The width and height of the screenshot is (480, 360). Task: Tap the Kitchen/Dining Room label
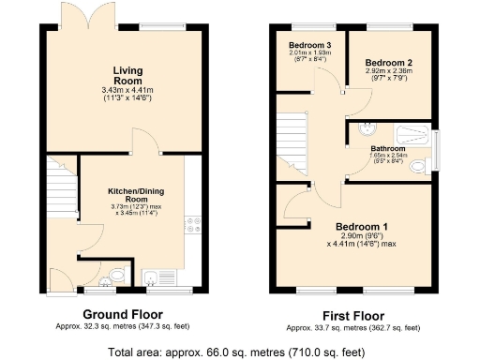(x=137, y=195)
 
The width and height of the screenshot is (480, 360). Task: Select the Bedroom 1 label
(x=362, y=228)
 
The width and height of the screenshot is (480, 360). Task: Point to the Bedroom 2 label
(x=389, y=64)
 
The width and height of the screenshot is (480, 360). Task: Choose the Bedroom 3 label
(x=308, y=45)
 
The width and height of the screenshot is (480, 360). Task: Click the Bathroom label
(x=386, y=148)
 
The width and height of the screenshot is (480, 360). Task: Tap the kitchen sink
(x=155, y=276)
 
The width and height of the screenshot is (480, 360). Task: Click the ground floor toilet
(x=113, y=275)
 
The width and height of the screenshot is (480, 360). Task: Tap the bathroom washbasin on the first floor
(x=367, y=129)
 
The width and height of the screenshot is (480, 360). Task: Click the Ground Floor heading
(x=123, y=314)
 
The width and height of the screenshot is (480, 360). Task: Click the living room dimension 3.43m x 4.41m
(x=127, y=90)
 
